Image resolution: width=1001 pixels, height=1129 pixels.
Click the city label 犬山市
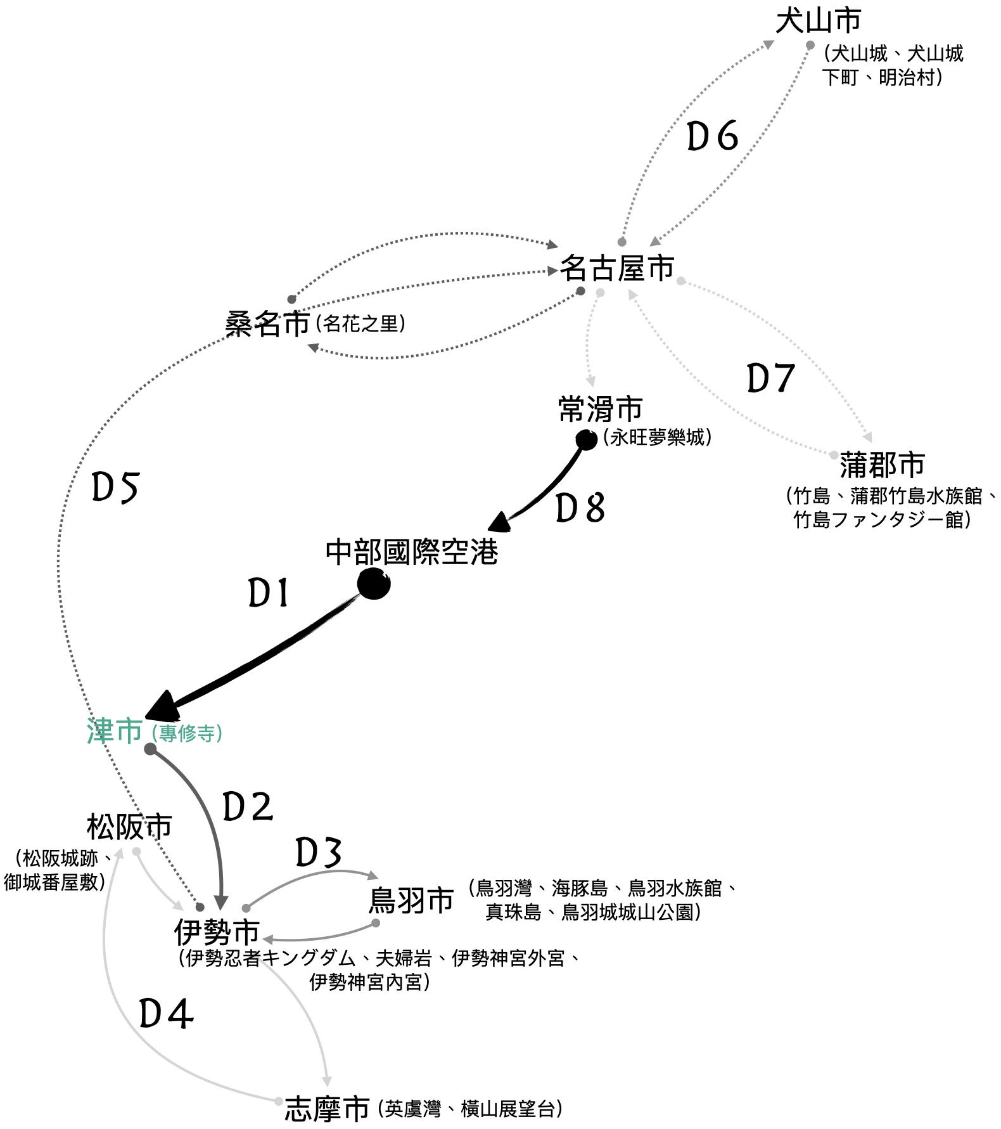pos(818,20)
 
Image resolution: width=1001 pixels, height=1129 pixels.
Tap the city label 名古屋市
pos(616,269)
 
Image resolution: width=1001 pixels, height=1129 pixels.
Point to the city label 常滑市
pos(600,409)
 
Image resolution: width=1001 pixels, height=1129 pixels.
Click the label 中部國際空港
pos(412,552)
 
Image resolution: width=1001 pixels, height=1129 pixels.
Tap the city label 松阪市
pos(129,827)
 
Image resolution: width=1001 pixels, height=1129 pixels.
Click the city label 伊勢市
pos(217,932)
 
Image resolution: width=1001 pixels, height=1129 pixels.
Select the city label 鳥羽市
pos(411,900)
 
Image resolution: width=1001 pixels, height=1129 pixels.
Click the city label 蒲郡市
pos(882,465)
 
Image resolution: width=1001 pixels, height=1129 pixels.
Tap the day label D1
pos(269,594)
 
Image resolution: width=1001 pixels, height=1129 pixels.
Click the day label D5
pos(115,487)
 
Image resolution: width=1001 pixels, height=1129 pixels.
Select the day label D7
pos(770,378)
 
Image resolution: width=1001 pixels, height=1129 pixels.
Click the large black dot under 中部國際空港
pos(374,584)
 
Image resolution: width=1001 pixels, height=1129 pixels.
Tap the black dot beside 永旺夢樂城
pos(586,439)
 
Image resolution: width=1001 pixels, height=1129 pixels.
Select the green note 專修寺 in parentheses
pos(188,733)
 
